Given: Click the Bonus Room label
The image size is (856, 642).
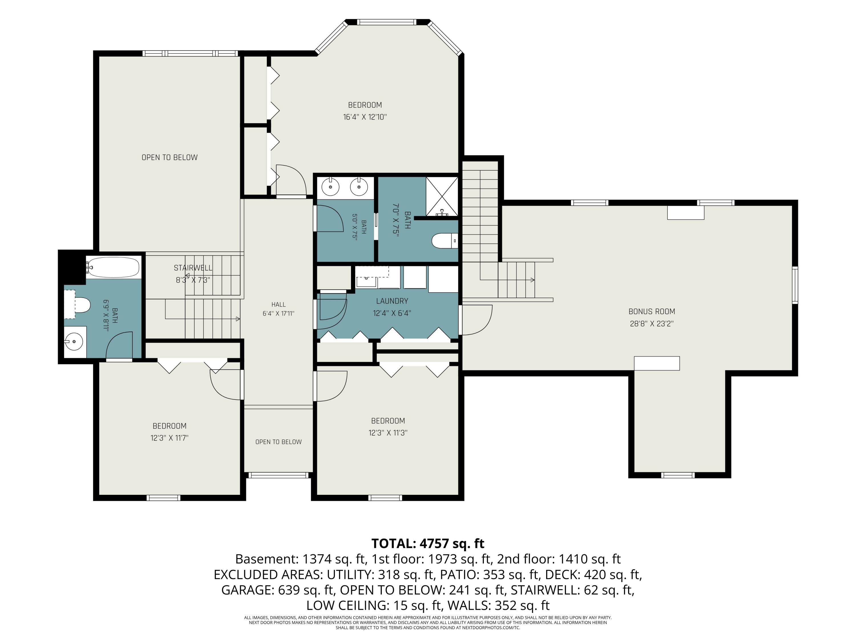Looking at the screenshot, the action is (x=652, y=312).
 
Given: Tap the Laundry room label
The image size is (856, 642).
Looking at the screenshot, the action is (x=392, y=301).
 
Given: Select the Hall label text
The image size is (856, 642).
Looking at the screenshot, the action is (x=278, y=304).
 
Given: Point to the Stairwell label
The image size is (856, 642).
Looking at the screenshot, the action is (x=193, y=268).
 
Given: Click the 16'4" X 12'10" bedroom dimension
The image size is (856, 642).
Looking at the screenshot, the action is (x=365, y=117).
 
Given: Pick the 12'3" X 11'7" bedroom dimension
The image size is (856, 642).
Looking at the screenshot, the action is (x=169, y=438).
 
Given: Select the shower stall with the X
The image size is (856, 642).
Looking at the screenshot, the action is (x=442, y=197).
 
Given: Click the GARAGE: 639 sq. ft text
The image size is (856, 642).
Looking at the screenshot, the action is (x=277, y=590).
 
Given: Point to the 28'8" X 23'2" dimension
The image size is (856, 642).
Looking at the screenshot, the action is (x=652, y=324).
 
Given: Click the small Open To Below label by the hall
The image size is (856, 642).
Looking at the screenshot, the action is (x=278, y=442).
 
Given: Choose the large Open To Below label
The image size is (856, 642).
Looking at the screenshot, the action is (x=169, y=158).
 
